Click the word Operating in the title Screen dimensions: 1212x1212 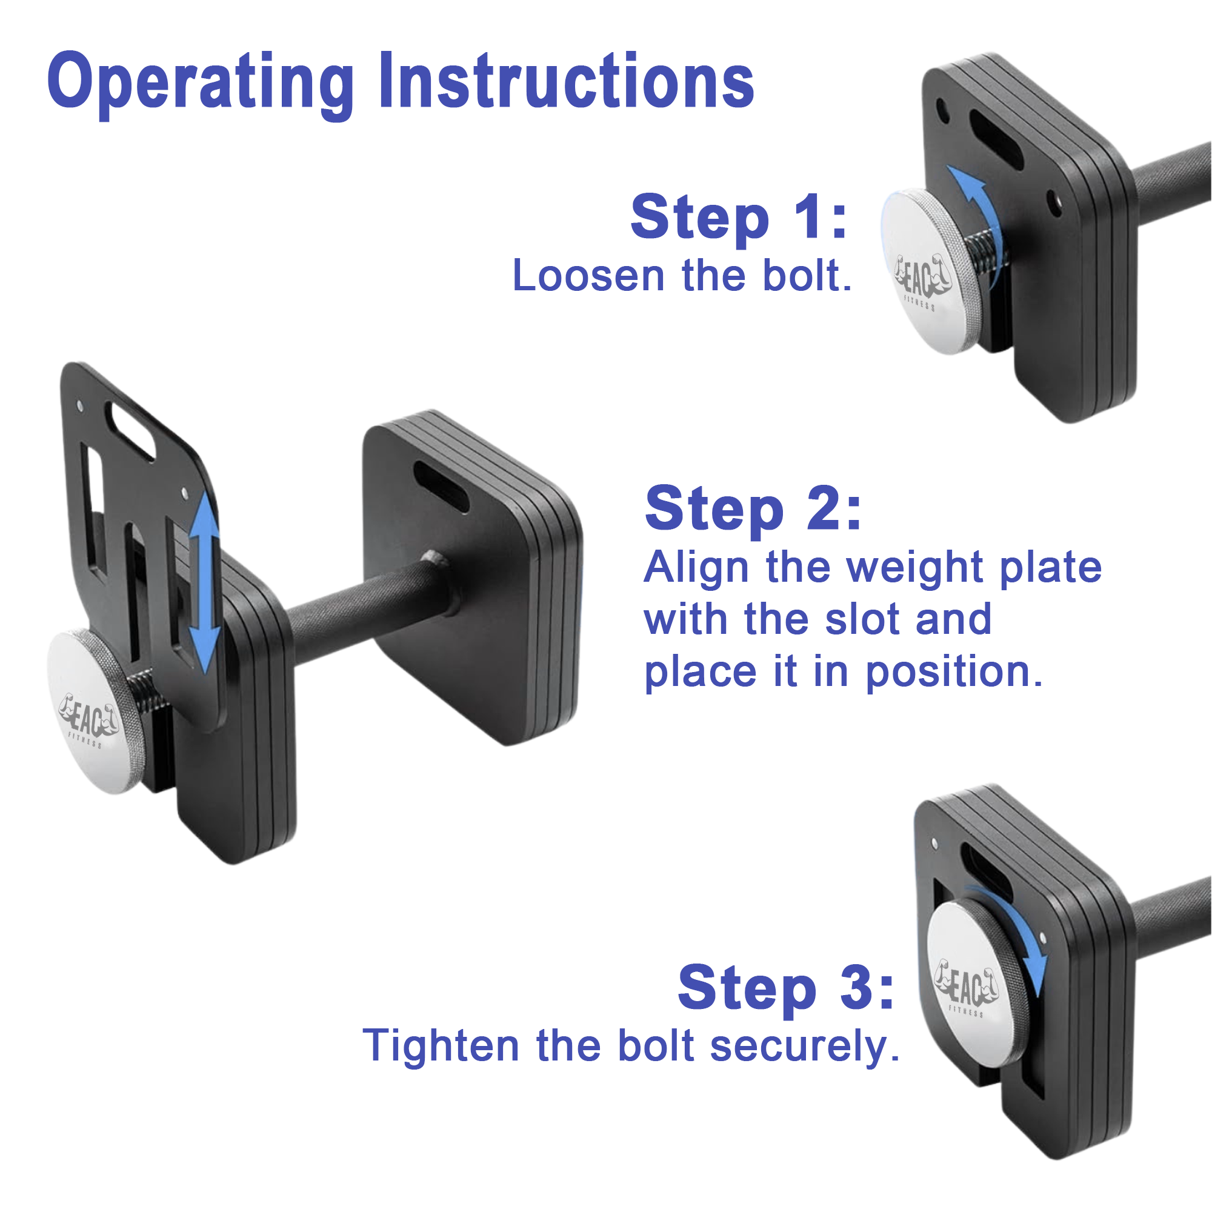(201, 85)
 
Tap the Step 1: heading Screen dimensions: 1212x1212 (739, 217)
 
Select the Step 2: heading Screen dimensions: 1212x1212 (753, 509)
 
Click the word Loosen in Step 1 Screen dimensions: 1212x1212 (588, 275)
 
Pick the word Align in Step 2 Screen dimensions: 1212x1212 (696, 567)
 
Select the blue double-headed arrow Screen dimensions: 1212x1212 (204, 583)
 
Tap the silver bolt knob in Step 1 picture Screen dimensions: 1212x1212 (929, 271)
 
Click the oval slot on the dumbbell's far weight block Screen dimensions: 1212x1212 (441, 487)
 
